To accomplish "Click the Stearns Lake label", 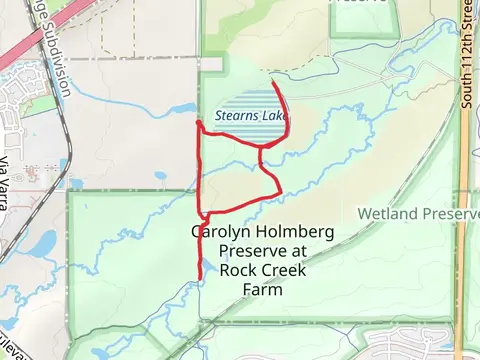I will [246, 116].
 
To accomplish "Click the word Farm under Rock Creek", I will [262, 290].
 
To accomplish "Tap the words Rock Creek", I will [262, 270].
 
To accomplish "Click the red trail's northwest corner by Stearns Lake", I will [198, 123].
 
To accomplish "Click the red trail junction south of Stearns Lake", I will [261, 148].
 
